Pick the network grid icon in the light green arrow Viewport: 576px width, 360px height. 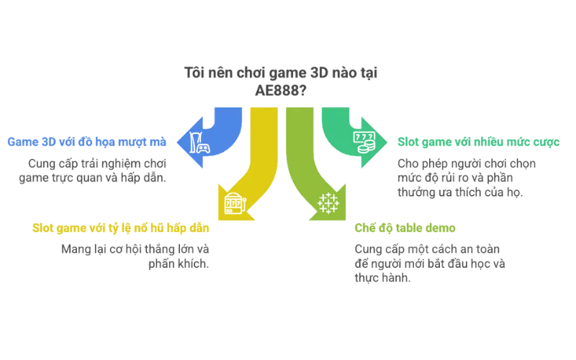pos(326,204)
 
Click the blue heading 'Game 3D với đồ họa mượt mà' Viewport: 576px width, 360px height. pos(86,141)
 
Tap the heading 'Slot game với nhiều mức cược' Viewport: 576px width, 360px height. pos(480,143)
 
